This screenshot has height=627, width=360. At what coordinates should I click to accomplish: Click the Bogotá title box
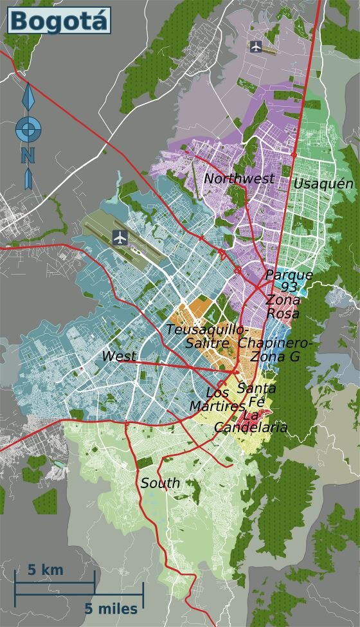point(59,21)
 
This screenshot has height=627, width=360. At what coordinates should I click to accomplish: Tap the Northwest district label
point(239,179)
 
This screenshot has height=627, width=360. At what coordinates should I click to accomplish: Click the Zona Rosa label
point(282,307)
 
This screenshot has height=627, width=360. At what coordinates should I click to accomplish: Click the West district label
point(119,356)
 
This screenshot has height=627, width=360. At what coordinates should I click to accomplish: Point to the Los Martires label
point(218,399)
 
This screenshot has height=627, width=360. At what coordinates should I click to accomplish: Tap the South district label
point(160,483)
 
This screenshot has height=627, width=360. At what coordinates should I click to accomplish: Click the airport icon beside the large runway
point(120,237)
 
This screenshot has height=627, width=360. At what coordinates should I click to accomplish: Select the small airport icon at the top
point(256,46)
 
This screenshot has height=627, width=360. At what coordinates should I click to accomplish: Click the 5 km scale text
point(45,570)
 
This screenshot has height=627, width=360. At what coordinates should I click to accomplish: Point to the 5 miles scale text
point(111,608)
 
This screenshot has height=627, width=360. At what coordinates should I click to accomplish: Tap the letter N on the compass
point(27,155)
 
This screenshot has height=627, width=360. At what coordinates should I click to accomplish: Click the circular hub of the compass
point(27,131)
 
